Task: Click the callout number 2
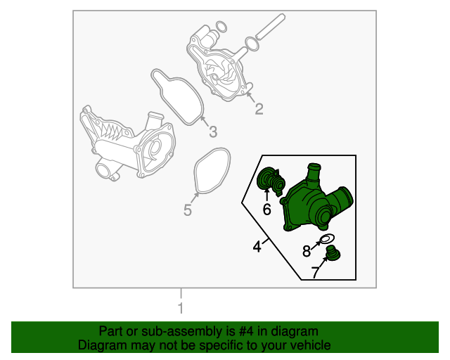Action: tap(259, 109)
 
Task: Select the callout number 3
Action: tap(213, 131)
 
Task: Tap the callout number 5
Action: tap(188, 210)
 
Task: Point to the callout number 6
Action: tap(267, 210)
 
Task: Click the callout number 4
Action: tap(257, 246)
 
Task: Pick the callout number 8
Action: tap(307, 251)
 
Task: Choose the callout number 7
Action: tap(316, 272)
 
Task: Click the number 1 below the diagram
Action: tap(181, 308)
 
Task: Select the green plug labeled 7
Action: tap(333, 253)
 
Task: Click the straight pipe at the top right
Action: tap(270, 26)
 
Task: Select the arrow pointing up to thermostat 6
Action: tap(267, 195)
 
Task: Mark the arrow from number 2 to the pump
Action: tap(251, 97)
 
